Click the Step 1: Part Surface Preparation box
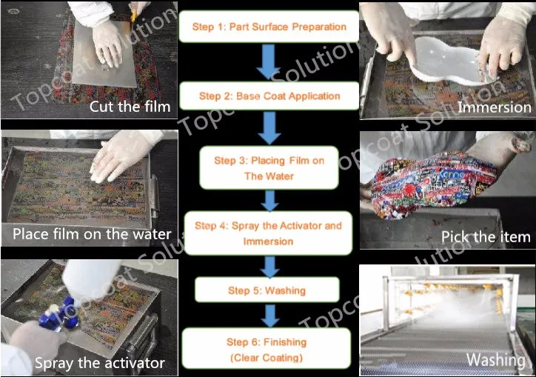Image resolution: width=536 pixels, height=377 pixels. coord(269,27)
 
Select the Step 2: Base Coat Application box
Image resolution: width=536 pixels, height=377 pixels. coord(269,96)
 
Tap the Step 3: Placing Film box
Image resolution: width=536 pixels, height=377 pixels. coord(269,168)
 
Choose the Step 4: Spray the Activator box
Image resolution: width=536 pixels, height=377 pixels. coord(268,233)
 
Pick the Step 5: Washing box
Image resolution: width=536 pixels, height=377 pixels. coord(267,290)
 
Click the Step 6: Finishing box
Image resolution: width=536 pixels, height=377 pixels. coord(267,349)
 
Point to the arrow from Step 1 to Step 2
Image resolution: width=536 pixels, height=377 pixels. coord(269,61)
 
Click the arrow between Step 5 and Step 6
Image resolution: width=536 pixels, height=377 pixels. coord(270,316)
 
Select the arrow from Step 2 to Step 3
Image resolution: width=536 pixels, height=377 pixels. coord(269,128)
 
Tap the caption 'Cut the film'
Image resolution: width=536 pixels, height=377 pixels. coord(130,107)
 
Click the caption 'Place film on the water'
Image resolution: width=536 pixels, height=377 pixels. coord(92,234)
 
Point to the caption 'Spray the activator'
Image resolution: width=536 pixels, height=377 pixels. coord(100,363)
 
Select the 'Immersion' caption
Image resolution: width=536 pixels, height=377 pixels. coord(495,107)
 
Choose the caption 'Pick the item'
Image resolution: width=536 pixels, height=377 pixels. coord(486,237)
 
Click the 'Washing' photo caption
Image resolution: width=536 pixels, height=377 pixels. coord(496,360)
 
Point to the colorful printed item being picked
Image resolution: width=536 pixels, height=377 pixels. coord(434,184)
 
